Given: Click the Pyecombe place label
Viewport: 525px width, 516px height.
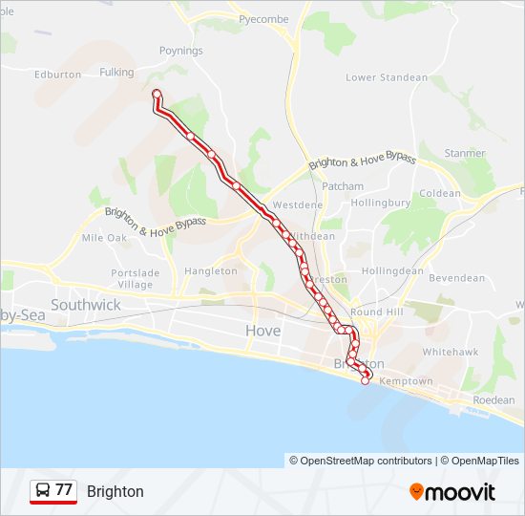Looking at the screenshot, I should coord(263,19).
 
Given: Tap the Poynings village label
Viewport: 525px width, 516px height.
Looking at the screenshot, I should coord(181,51).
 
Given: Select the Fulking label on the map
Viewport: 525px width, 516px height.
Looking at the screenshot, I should coord(116,72).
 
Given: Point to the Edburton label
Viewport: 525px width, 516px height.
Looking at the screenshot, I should coord(57,74).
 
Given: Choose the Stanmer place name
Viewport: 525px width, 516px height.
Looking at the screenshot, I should coord(465,153).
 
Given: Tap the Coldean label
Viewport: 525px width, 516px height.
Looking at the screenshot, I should coord(440,193).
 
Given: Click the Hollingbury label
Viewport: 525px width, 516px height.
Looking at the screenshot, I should coord(381,203).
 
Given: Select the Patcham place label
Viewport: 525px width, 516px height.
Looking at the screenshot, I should coord(343,186).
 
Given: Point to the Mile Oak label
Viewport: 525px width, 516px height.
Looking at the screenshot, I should coord(104,237).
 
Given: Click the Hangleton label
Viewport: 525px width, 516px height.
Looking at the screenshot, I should coord(211,271).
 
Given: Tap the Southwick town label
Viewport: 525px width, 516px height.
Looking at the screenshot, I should coord(86,305).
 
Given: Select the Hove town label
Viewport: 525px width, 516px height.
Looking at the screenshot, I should coord(263,331).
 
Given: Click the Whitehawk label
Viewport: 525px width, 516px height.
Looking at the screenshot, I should coord(450,352).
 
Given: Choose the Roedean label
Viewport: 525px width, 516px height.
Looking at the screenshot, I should coord(493,400).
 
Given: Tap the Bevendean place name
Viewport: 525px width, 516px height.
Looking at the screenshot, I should coord(456,278).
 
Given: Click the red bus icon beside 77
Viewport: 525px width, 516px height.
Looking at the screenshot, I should coord(42,491).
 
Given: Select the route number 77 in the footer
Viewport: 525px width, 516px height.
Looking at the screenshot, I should coord(64,490).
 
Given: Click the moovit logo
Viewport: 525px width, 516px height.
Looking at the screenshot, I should coord(452,492).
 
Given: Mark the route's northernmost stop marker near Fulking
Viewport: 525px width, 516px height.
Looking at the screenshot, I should coord(156,93).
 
